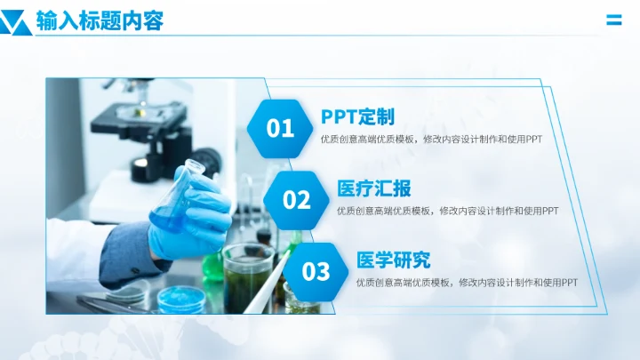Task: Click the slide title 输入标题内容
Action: tap(100, 21)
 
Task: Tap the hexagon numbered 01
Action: tap(280, 129)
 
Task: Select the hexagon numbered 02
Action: tap(297, 200)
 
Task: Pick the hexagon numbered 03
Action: tap(316, 271)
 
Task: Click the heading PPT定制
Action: tap(357, 116)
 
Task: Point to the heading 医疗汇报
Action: tap(374, 188)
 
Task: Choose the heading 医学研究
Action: tap(393, 260)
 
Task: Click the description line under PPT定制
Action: tap(431, 139)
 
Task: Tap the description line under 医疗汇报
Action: tap(448, 211)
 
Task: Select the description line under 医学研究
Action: tap(467, 282)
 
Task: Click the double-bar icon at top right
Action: tap(613, 20)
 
